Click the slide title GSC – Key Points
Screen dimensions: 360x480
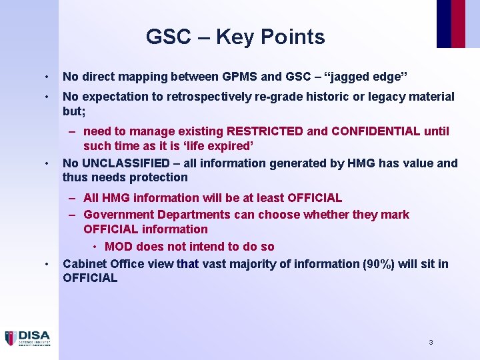click(235, 37)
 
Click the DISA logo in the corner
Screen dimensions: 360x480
click(27, 338)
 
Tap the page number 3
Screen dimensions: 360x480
click(431, 342)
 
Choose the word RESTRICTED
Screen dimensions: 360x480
click(265, 131)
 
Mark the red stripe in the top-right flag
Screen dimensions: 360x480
click(458, 23)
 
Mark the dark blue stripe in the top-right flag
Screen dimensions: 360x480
click(443, 23)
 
